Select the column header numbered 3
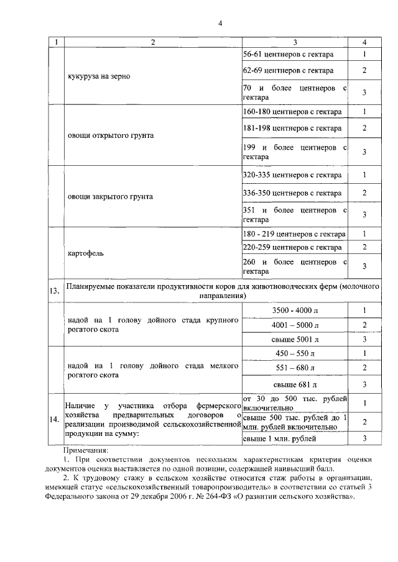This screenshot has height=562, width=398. coord(295,42)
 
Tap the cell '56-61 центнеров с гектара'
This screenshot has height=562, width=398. coord(284,54)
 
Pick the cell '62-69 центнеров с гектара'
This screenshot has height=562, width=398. coord(284,70)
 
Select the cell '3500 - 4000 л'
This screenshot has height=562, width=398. coord(295,310)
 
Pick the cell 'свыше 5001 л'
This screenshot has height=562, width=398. coord(295,340)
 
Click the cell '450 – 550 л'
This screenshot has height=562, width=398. coord(295,353)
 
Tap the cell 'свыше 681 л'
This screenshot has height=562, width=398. coord(295,384)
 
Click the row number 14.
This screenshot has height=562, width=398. coord(55,420)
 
